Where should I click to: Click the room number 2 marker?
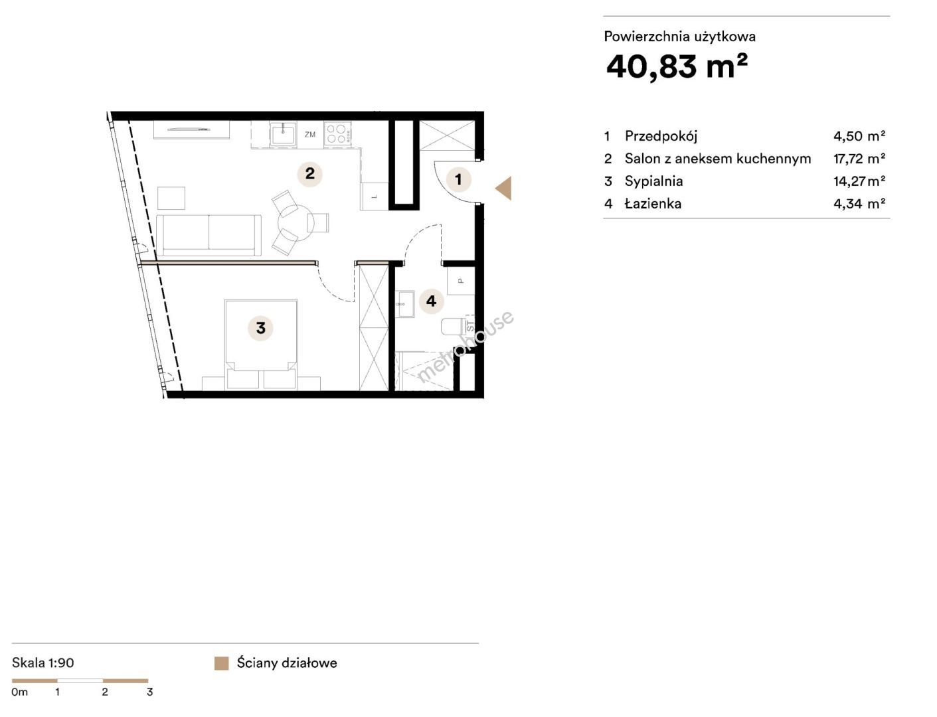coord(309,174)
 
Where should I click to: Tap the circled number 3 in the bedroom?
coord(260,328)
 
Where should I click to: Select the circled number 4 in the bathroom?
coord(431,301)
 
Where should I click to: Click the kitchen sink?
coord(283,134)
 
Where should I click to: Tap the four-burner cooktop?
coord(337,133)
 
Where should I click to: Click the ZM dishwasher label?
coord(310,134)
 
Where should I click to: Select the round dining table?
coord(296,223)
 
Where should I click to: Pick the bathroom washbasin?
coord(404,304)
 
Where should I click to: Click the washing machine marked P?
coord(461,280)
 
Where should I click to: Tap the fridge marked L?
coord(375,197)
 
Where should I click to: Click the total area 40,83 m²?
coord(677,66)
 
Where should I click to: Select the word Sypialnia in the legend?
coord(653,181)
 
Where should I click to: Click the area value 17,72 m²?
coord(859,159)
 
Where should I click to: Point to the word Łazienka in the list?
coord(653,203)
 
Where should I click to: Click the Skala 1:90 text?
coord(43,663)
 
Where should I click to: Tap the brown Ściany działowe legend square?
coord(221,663)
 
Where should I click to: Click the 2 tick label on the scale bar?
coord(104,692)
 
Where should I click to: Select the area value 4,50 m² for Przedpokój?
coord(859,136)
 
